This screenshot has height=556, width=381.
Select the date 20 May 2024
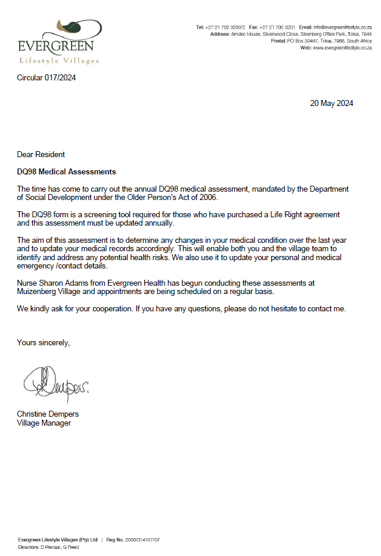(x=332, y=103)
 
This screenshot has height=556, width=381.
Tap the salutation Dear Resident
(x=41, y=155)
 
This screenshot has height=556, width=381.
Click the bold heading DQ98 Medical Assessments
(x=66, y=172)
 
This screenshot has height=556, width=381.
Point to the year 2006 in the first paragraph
(x=209, y=198)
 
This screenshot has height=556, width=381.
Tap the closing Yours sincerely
(x=43, y=343)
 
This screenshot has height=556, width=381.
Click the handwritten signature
(x=57, y=386)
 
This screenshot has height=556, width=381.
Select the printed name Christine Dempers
(x=48, y=414)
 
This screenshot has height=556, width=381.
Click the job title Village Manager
(x=44, y=423)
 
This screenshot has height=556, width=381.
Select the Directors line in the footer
(x=48, y=546)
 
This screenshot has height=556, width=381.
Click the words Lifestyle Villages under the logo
(x=59, y=61)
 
